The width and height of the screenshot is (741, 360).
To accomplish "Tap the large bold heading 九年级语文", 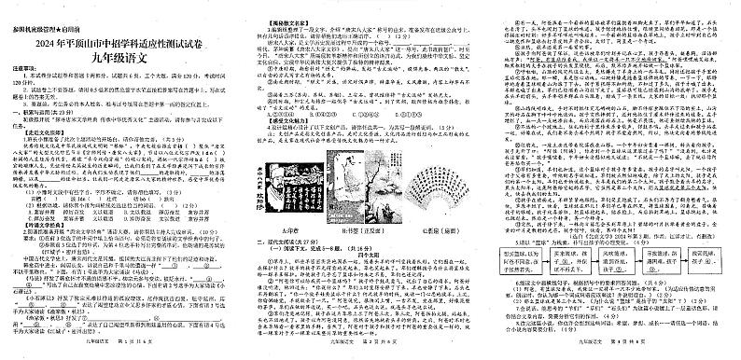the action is (120, 41).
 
